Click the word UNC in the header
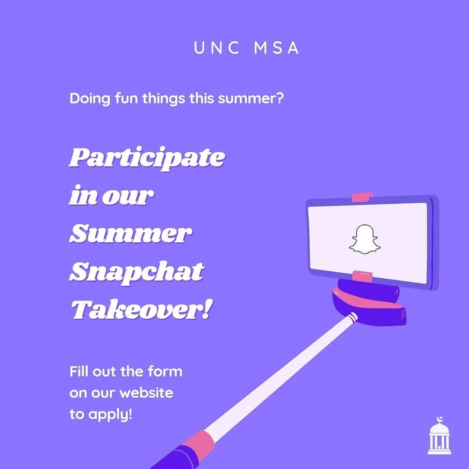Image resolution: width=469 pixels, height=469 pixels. pyautogui.click(x=216, y=48)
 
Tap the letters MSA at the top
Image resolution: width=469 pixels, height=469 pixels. pyautogui.click(x=276, y=48)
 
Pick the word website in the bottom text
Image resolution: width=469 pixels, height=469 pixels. pyautogui.click(x=146, y=393)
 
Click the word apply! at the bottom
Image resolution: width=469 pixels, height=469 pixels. pyautogui.click(x=110, y=415)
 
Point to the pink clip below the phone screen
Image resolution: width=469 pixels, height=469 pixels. pyautogui.click(x=362, y=276)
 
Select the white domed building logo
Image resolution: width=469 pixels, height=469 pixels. pyautogui.click(x=439, y=436)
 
